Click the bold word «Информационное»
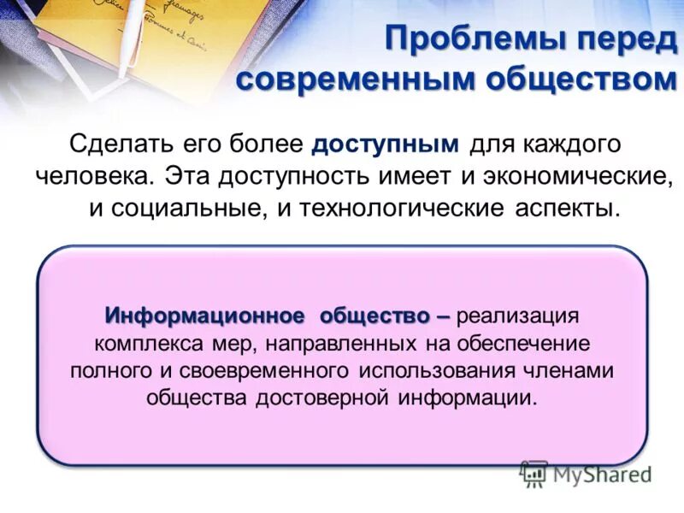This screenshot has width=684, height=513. coord(204,315)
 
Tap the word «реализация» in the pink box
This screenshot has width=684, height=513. coord(518,315)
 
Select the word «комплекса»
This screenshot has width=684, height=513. coord(141,343)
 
